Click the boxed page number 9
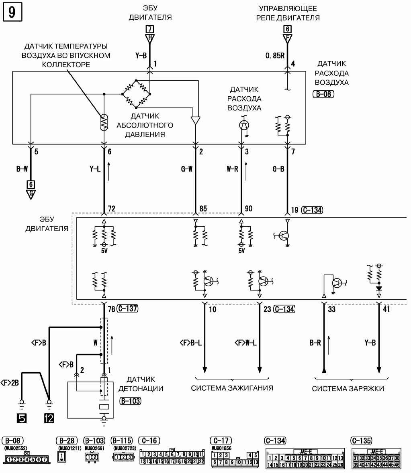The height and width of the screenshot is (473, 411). [12, 12]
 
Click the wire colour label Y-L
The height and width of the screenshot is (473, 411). [95, 169]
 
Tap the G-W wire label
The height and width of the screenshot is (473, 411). [186, 169]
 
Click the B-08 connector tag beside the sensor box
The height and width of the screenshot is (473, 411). [323, 95]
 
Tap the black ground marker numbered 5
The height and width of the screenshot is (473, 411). [22, 418]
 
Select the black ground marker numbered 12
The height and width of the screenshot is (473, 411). [49, 418]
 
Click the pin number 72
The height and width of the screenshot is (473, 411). [112, 209]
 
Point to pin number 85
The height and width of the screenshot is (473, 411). [203, 209]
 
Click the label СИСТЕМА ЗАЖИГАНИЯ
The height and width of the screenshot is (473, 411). [232, 388]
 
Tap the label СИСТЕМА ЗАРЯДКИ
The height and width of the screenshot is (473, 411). [348, 388]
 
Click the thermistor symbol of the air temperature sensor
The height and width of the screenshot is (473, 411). [104, 122]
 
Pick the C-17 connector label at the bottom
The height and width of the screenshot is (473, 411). [221, 441]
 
